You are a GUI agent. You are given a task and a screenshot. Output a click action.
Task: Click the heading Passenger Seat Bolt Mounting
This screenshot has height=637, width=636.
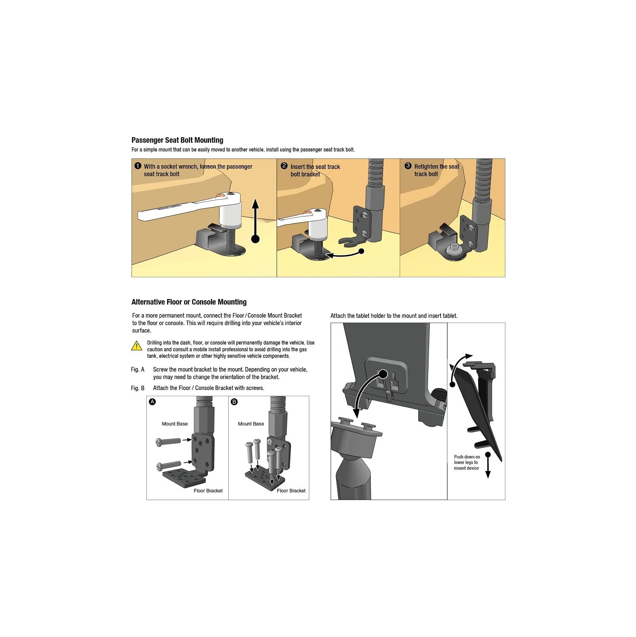(177, 140)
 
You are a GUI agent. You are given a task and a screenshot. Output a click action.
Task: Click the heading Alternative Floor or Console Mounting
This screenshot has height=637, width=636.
(189, 302)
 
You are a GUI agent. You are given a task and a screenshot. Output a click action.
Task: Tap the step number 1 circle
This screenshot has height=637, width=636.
(137, 166)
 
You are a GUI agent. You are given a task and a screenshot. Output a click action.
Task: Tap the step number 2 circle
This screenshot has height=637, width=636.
(284, 166)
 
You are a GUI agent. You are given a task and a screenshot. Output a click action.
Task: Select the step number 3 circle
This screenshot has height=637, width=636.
(408, 166)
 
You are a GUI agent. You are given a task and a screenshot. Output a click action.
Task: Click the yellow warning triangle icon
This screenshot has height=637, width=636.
(137, 346)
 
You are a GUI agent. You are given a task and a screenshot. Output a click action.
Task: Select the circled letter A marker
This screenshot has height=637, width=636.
(152, 402)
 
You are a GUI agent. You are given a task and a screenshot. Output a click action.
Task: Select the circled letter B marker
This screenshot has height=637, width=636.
(234, 402)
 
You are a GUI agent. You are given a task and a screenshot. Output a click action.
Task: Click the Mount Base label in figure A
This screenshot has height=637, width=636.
(174, 424)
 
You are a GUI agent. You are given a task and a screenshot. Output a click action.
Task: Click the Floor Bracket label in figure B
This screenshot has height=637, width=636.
(291, 490)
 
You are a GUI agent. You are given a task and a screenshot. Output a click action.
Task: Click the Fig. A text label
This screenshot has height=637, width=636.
(137, 369)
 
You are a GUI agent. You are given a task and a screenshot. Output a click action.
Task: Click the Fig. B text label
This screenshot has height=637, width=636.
(137, 388)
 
